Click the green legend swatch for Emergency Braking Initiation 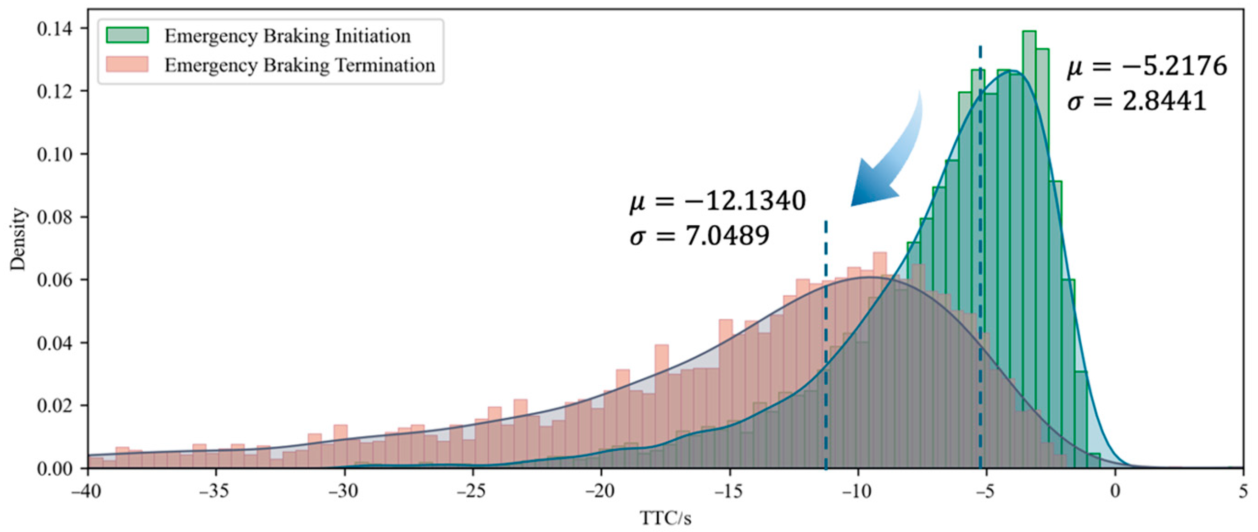128,35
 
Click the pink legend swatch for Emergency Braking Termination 128,64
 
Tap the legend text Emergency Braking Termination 299,65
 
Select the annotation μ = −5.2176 1146,66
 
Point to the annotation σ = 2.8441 1136,102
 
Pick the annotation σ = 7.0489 699,236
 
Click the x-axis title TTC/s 665,518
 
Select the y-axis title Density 18,239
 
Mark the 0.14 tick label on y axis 54,28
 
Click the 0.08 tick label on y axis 54,217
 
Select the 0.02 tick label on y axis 54,405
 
